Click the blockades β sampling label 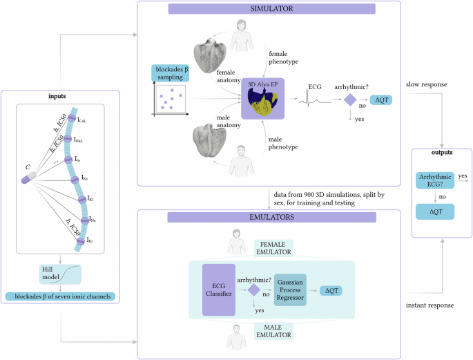click(170, 73)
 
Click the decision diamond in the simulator click(350, 100)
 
